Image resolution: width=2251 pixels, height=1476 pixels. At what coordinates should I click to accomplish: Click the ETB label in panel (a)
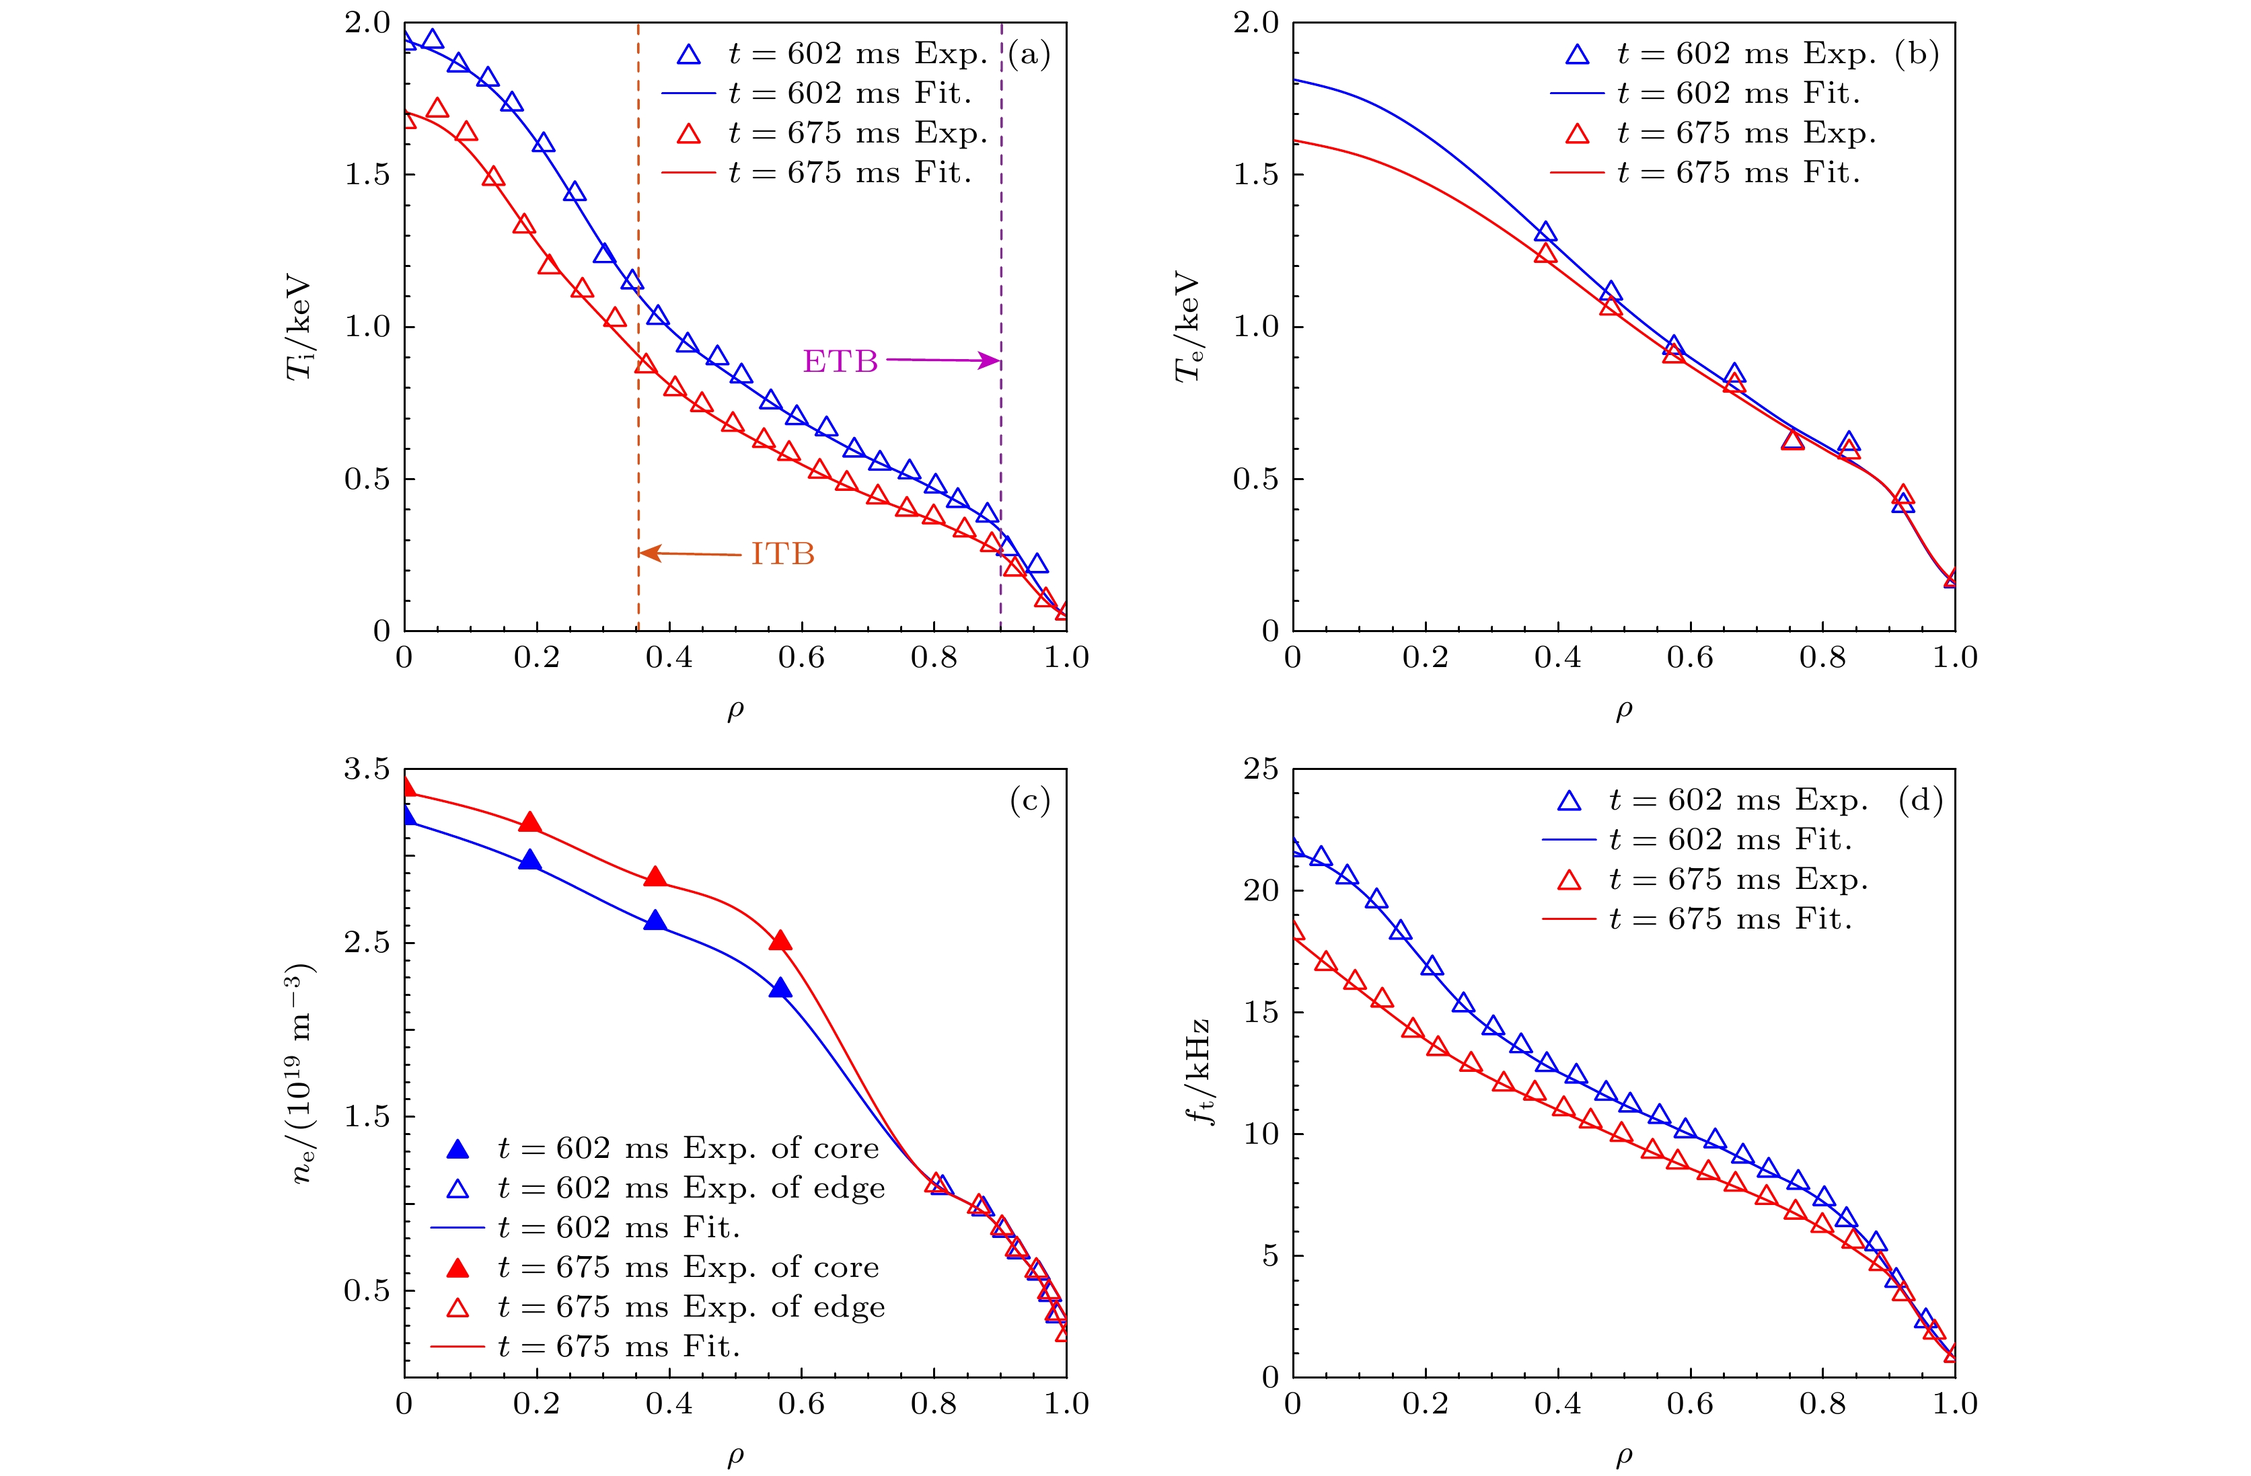pos(840,361)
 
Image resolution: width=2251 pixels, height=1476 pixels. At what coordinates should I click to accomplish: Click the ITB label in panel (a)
pos(782,554)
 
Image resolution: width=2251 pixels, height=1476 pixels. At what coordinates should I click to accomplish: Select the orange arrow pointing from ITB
pos(690,553)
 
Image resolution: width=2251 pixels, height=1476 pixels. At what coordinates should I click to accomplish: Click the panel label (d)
pos(1920,801)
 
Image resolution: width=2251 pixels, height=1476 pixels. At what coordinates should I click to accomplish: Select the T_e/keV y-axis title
pos(1188,327)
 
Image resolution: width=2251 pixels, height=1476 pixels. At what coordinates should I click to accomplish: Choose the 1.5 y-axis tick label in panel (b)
pos(1256,175)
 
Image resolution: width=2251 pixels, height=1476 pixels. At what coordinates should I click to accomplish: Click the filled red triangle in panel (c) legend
pos(457,1267)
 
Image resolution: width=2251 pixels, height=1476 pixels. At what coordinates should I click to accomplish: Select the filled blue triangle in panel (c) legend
pos(457,1149)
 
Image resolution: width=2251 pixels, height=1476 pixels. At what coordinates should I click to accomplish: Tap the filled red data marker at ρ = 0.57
pos(780,941)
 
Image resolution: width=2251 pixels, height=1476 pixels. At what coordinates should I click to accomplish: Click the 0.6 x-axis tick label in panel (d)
pos(1690,1403)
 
